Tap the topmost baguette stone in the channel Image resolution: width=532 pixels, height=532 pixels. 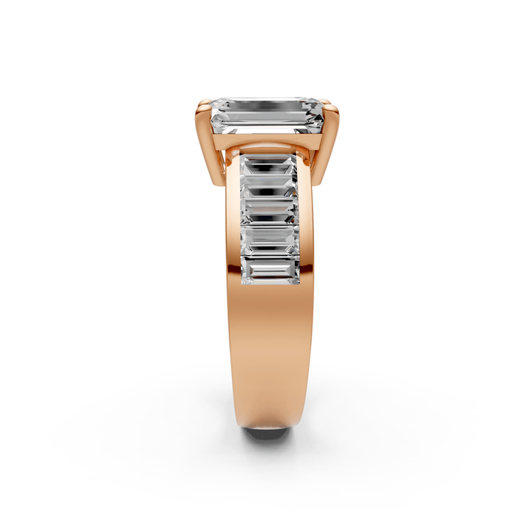click(268, 167)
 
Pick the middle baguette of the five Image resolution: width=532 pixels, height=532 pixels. click(268, 212)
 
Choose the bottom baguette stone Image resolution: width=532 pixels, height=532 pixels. click(268, 271)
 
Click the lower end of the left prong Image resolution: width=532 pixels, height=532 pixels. click(216, 181)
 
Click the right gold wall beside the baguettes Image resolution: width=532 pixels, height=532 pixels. click(305, 222)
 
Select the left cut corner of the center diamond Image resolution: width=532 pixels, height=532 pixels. click(214, 111)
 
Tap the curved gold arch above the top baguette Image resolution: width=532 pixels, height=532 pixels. click(268, 151)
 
